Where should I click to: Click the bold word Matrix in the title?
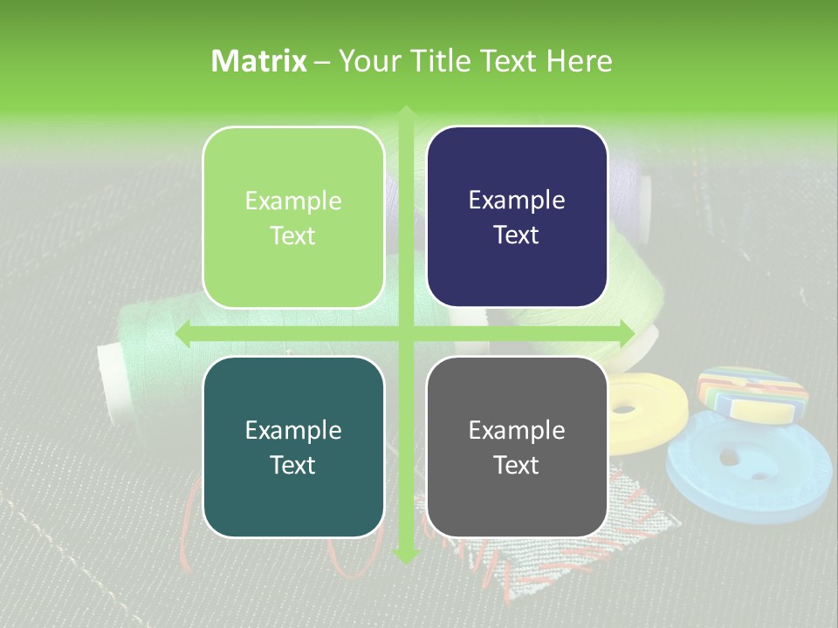click(259, 61)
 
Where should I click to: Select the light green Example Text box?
click(293, 217)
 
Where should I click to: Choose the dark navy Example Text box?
click(517, 217)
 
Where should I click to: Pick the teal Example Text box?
click(293, 447)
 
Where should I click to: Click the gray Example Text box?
click(517, 447)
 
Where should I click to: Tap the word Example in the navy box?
click(517, 201)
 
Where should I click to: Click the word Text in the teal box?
click(293, 465)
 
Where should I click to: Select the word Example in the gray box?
click(517, 430)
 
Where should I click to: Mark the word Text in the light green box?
click(293, 235)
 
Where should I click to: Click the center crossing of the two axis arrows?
click(405, 333)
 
